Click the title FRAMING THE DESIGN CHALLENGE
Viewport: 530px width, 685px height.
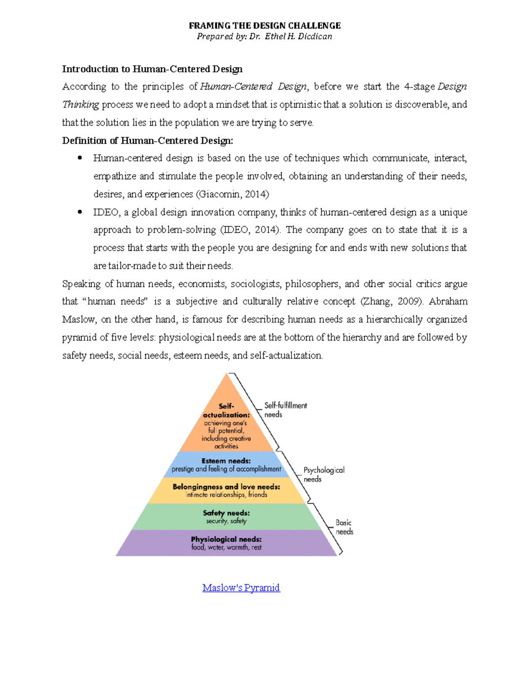265,26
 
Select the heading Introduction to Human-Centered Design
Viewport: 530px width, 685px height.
152,69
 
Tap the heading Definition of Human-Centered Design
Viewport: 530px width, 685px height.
148,141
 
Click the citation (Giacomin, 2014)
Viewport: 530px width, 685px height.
232,194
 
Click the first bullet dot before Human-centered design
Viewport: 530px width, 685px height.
80,158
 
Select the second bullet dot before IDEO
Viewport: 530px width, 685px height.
80,212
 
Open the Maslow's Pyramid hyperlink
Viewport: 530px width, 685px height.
241,588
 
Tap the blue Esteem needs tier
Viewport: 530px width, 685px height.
226,465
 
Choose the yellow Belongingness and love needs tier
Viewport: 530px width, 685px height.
226,490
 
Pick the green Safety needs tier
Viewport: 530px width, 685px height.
226,517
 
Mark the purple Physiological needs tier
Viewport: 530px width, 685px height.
226,543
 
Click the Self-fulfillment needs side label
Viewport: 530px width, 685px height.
285,410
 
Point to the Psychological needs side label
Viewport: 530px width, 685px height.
324,475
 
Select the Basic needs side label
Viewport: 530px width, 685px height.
344,527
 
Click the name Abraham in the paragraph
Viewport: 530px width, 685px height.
448,302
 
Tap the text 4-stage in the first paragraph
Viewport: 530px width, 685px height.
419,86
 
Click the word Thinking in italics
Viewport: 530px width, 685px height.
80,105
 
